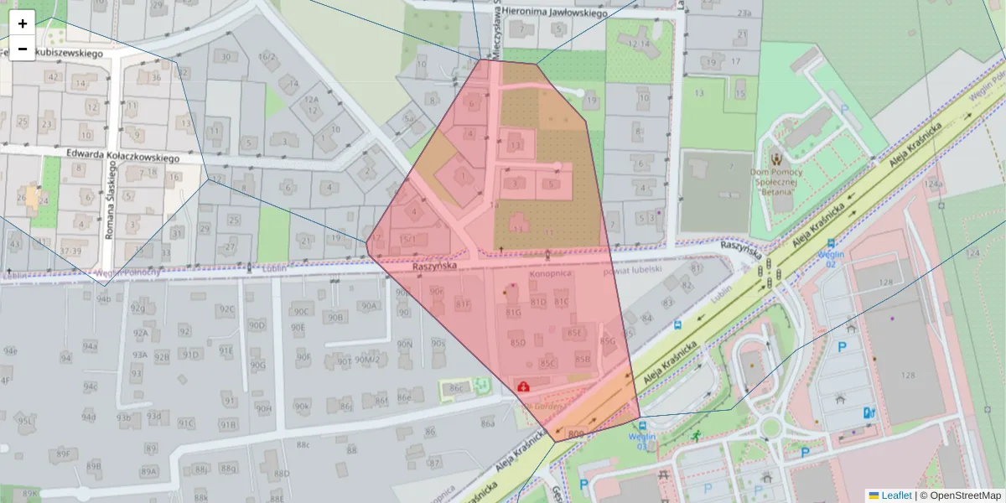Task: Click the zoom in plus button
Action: (23, 23)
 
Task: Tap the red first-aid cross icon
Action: (524, 386)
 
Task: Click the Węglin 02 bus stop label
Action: (830, 258)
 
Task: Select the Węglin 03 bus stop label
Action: (641, 441)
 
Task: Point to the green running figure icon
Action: (696, 436)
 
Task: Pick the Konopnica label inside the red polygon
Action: (550, 274)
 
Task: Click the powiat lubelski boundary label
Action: (633, 270)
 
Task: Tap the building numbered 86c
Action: (456, 388)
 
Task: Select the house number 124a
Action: (933, 184)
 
